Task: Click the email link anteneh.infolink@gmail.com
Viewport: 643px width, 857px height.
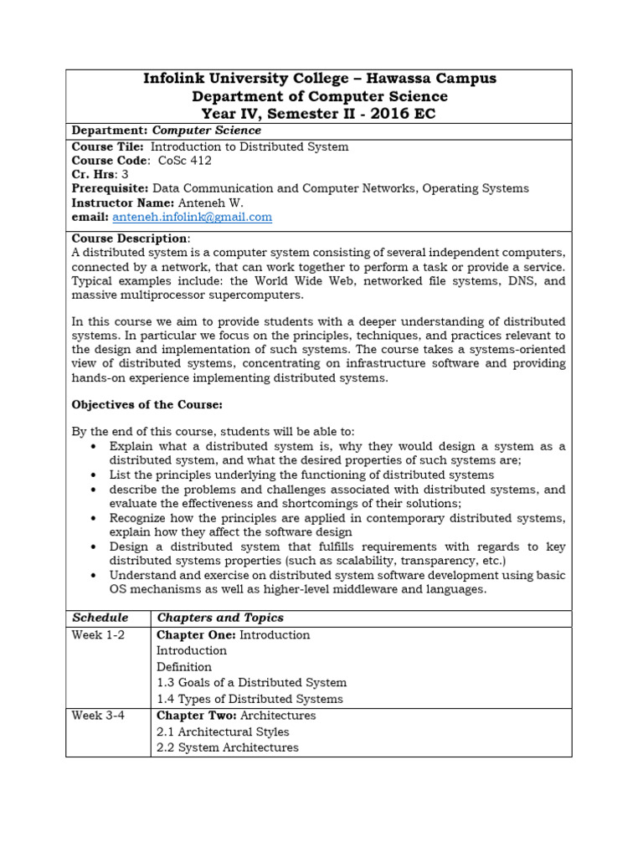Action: [x=193, y=217]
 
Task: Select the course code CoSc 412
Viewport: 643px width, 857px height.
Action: [x=185, y=161]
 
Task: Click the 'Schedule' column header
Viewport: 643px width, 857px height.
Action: [x=100, y=618]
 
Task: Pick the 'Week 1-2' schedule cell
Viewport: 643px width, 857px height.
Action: [x=98, y=634]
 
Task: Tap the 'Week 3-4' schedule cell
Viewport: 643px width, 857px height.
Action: [x=98, y=716]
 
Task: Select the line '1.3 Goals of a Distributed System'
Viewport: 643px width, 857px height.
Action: [x=251, y=683]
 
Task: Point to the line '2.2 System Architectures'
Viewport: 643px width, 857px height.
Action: [x=227, y=747]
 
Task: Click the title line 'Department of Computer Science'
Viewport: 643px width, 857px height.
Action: [x=320, y=96]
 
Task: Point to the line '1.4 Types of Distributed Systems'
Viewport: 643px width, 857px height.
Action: [x=249, y=699]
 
